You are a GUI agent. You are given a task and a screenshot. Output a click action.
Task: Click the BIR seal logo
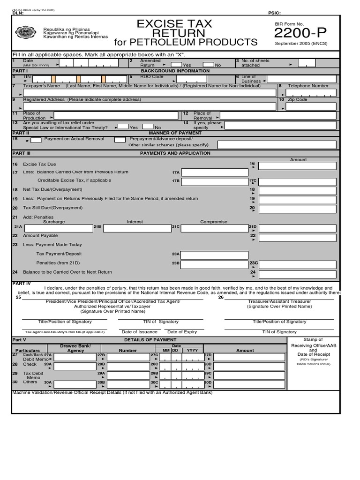(25, 33)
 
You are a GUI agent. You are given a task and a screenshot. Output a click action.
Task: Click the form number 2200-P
(300, 33)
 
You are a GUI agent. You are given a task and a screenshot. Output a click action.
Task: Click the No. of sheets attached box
(307, 63)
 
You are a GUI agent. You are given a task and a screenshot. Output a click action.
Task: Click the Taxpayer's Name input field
(153, 93)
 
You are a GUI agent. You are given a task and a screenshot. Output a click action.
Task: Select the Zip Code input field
(311, 106)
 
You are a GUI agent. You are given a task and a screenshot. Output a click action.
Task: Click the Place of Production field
(116, 115)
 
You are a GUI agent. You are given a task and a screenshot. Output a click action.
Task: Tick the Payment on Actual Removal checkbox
(36, 140)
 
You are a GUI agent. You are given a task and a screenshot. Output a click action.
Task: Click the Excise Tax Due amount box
(297, 165)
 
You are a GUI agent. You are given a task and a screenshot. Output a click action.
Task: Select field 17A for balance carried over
(215, 172)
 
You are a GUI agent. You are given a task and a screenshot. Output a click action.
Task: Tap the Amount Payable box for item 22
(297, 238)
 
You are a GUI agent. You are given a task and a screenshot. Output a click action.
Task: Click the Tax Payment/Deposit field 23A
(215, 255)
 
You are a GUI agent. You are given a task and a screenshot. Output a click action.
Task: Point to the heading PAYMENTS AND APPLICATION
(175, 153)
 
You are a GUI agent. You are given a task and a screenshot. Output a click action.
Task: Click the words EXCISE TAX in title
(174, 24)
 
